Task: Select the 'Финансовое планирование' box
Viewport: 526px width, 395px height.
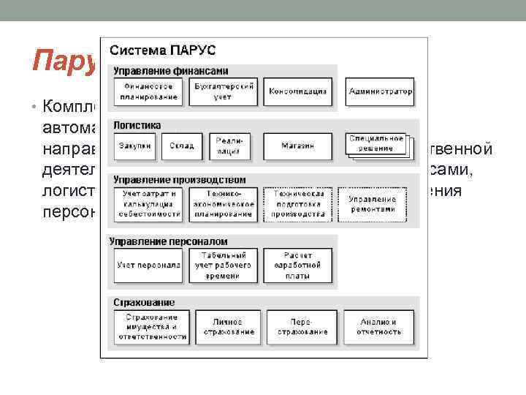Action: point(146,92)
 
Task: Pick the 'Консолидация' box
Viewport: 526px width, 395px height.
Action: point(297,92)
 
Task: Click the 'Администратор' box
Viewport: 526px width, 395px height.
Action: point(380,92)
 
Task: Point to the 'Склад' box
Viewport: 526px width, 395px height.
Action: point(181,146)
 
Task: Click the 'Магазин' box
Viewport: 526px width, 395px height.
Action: point(297,146)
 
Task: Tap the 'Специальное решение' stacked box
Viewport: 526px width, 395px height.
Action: point(376,143)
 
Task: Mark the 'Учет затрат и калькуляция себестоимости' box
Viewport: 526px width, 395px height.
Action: point(148,204)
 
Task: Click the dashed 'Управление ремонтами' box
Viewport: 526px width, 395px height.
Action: point(373,204)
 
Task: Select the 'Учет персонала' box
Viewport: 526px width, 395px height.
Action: point(148,265)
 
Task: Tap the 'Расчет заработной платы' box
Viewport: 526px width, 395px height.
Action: point(297,265)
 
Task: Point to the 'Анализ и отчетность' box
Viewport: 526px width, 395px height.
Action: point(380,327)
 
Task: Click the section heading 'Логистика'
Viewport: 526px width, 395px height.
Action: point(137,125)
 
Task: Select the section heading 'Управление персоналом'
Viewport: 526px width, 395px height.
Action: point(168,241)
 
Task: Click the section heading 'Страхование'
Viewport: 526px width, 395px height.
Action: point(143,301)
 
